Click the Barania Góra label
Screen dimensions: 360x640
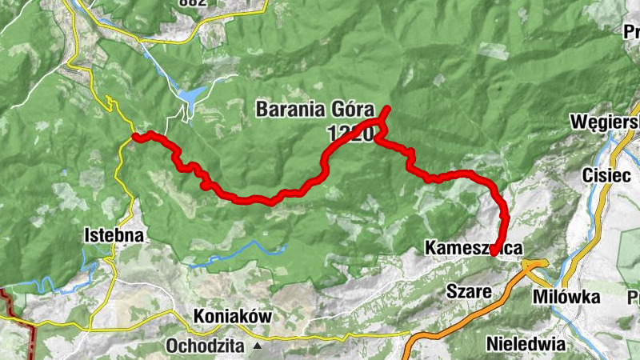click(x=315, y=109)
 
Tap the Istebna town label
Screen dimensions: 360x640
click(x=114, y=235)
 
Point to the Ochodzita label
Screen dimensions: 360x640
click(x=208, y=346)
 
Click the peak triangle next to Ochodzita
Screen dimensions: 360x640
click(x=258, y=347)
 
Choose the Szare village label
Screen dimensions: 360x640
click(x=469, y=291)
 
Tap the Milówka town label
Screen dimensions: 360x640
click(x=566, y=297)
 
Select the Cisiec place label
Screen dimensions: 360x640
click(x=607, y=175)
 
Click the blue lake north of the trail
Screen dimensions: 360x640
click(x=190, y=97)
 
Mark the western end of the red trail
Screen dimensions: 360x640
click(x=136, y=137)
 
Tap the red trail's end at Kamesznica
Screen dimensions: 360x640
click(x=495, y=253)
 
